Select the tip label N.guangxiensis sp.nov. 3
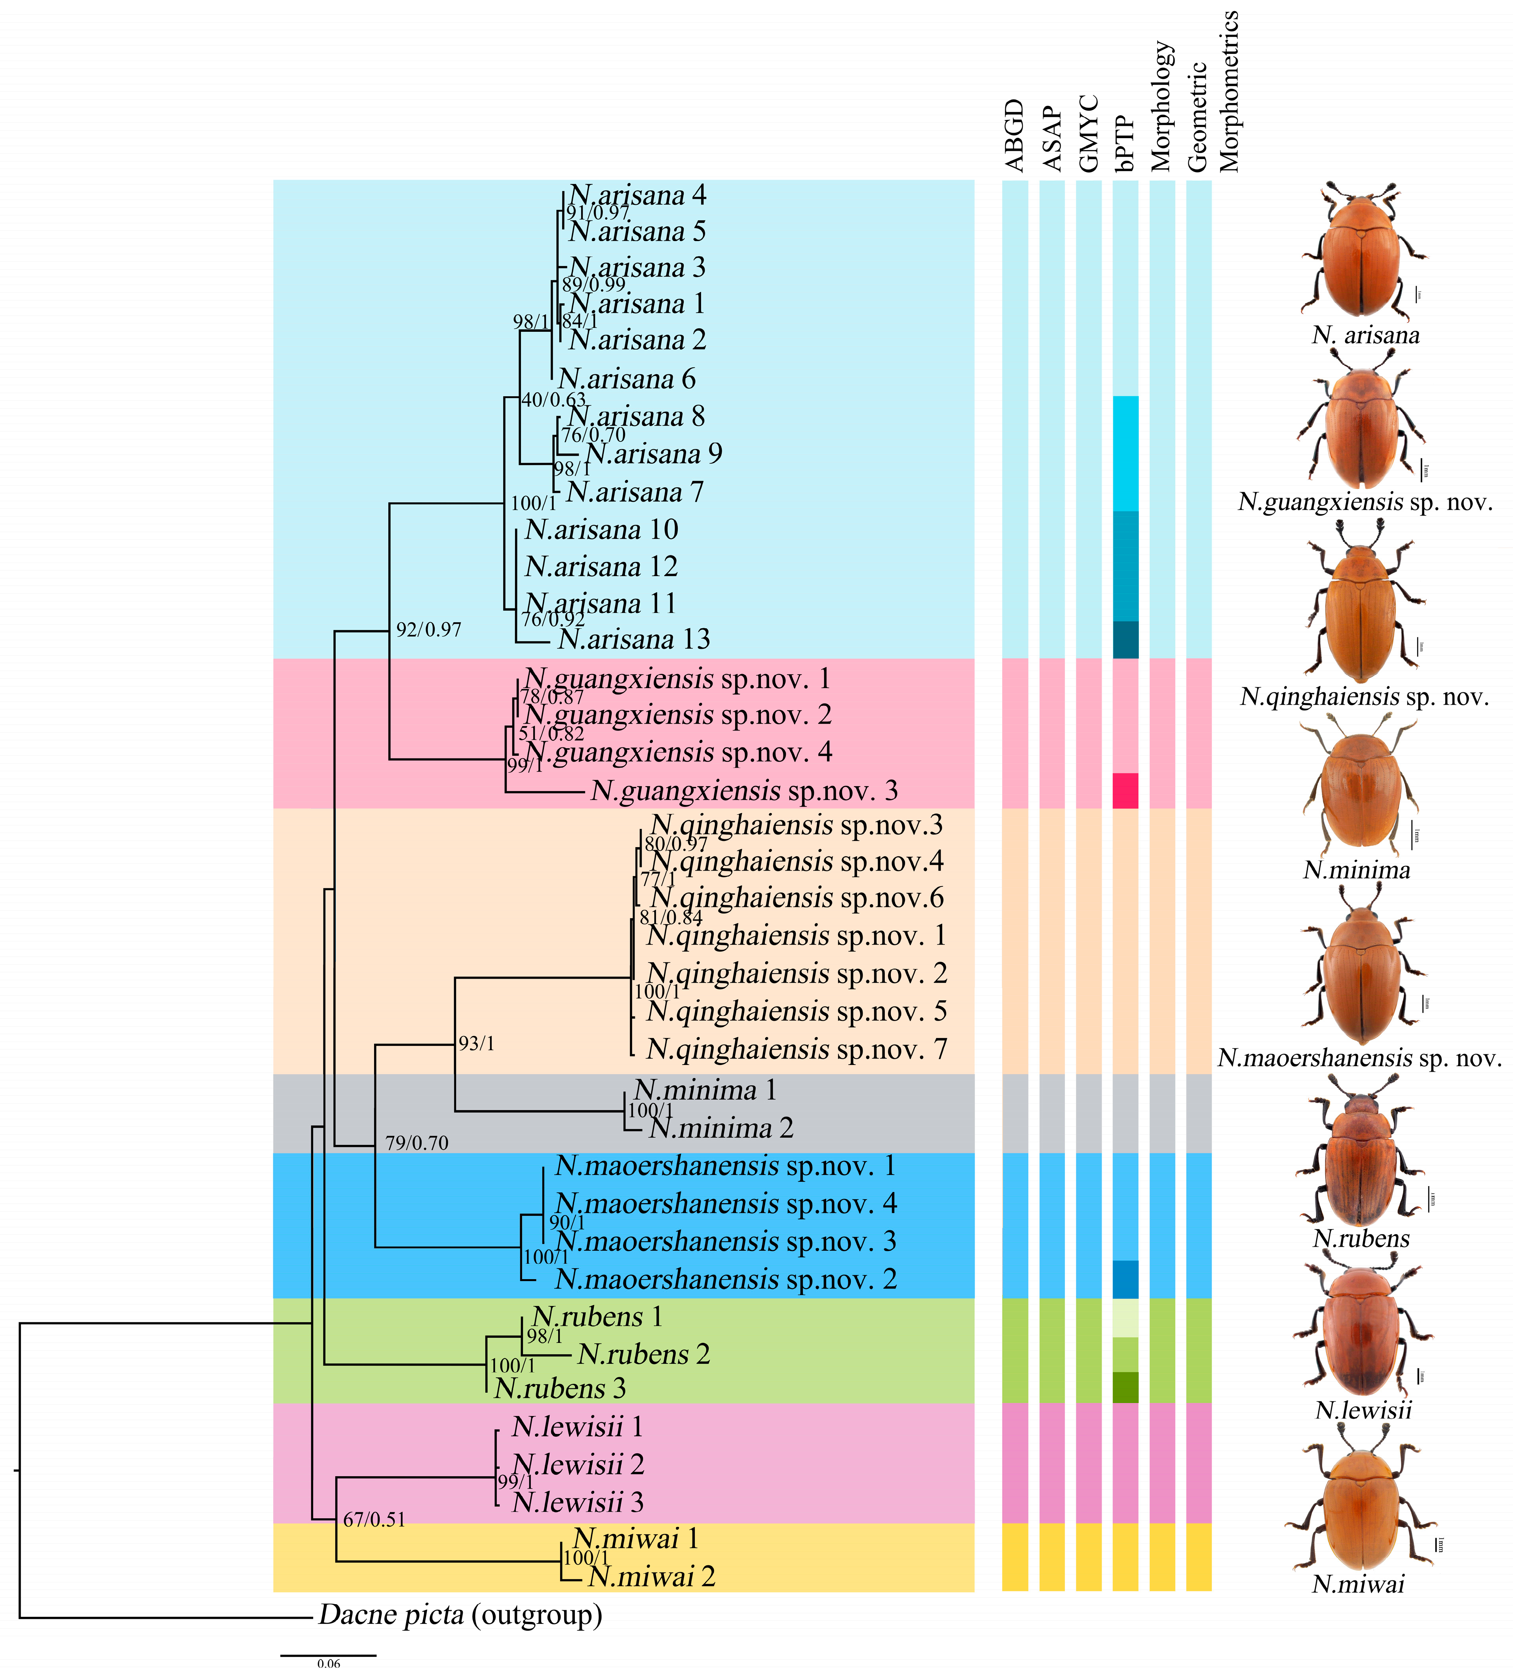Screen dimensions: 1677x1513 click(x=744, y=791)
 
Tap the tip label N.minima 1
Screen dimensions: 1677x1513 click(x=705, y=1090)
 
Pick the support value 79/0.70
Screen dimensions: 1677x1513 click(x=416, y=1143)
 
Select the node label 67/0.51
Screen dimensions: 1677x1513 click(x=374, y=1520)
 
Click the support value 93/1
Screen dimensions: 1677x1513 click(x=476, y=1044)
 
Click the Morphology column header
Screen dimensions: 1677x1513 click(x=1162, y=106)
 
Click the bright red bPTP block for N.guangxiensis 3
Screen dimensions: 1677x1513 click(x=1125, y=791)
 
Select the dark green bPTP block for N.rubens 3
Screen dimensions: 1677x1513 click(x=1125, y=1388)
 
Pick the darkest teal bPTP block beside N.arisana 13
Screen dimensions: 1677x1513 click(x=1125, y=639)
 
